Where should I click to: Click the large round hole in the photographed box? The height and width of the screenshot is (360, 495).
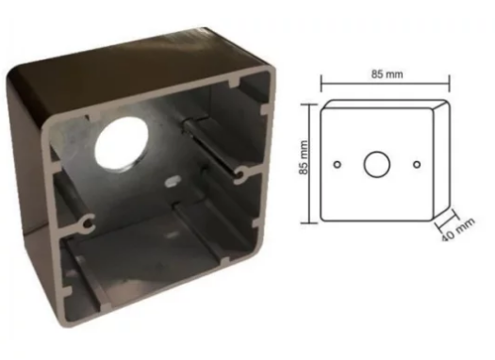click(x=122, y=144)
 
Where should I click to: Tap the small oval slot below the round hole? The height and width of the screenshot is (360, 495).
click(x=173, y=181)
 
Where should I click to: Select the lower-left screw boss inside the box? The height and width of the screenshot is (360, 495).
click(x=86, y=222)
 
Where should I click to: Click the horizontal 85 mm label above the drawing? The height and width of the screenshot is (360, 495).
click(x=387, y=74)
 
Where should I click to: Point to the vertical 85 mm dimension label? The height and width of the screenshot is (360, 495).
click(x=304, y=157)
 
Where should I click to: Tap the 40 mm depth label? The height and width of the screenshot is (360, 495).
click(x=457, y=229)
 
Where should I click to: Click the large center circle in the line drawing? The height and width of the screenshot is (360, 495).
click(x=376, y=164)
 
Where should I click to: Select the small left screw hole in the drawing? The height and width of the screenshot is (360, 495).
click(x=338, y=164)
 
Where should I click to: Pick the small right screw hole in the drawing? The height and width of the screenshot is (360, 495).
click(x=417, y=164)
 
